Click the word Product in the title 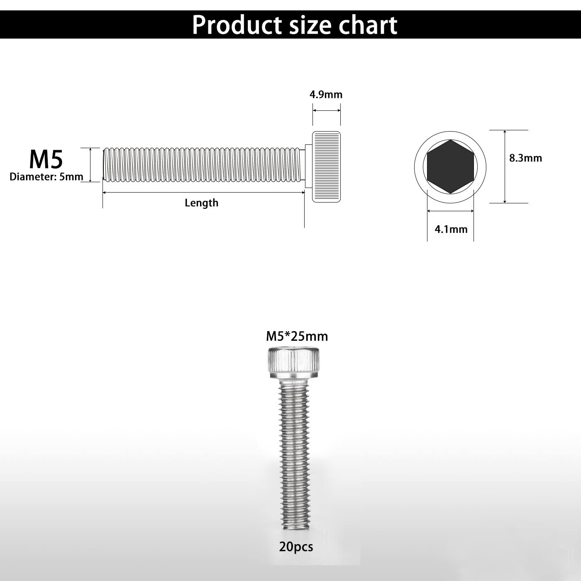[x=237, y=25]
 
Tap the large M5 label [x=46, y=159]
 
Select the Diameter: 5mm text [x=46, y=177]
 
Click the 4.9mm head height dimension [x=326, y=95]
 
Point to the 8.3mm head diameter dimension [x=525, y=158]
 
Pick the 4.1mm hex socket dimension [x=451, y=229]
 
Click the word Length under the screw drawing [x=201, y=203]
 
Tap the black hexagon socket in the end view [x=450, y=166]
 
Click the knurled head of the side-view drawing [x=326, y=166]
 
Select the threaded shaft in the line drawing [x=202, y=165]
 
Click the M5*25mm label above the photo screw [x=297, y=336]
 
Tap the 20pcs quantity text [x=296, y=547]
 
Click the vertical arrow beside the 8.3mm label [x=505, y=166]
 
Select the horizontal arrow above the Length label [x=203, y=192]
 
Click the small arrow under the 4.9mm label [x=326, y=110]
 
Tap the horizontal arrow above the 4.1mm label [x=450, y=211]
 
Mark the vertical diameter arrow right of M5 [x=90, y=165]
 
